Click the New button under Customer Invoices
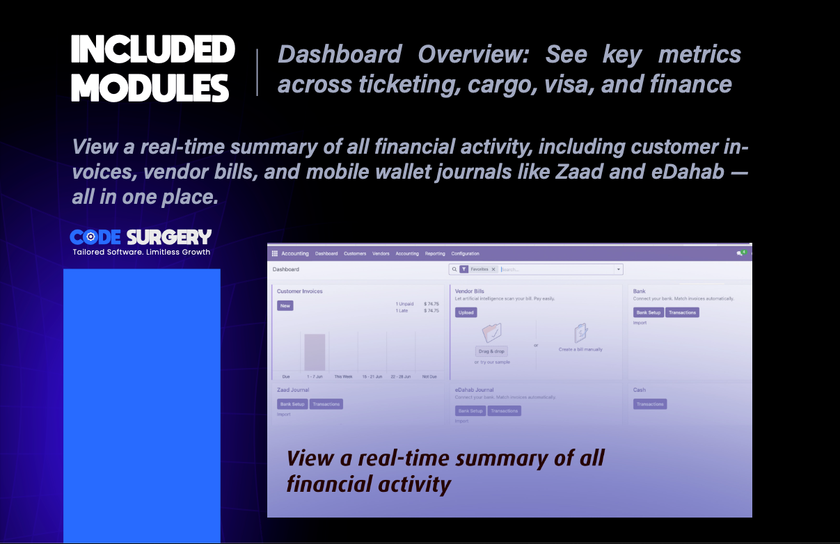[285, 305]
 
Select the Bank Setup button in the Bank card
[649, 312]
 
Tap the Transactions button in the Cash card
[650, 404]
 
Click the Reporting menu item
[435, 254]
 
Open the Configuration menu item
[465, 254]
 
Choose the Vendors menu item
[381, 254]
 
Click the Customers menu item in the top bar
[354, 254]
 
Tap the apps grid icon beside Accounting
[275, 254]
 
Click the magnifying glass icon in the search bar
[454, 269]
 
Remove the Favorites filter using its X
[493, 269]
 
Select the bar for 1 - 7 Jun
[315, 352]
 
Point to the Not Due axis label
[429, 376]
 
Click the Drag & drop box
[491, 351]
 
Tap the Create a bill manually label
[580, 349]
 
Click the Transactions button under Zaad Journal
[326, 404]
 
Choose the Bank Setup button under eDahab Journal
[470, 411]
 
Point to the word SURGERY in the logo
[170, 237]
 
